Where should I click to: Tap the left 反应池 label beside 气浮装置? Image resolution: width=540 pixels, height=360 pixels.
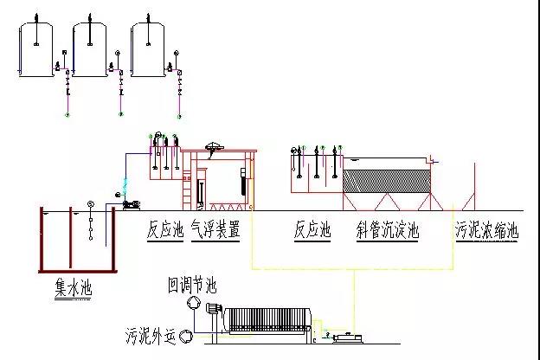[165, 231]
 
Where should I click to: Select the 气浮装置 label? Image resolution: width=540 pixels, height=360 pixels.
[215, 231]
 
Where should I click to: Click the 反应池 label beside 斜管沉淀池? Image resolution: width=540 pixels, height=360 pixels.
[312, 231]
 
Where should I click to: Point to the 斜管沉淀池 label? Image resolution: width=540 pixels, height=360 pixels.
[388, 231]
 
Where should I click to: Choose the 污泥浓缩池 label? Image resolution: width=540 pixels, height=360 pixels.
[487, 231]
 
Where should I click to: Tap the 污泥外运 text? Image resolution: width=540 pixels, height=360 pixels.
[151, 334]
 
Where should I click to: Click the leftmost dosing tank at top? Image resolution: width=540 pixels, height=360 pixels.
[35, 50]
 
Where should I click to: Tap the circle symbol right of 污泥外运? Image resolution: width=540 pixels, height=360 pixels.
[184, 334]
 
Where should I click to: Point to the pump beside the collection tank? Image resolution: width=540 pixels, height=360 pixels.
[132, 204]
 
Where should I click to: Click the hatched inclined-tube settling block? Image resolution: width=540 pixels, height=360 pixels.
[387, 179]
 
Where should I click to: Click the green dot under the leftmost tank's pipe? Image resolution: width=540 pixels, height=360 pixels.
[67, 113]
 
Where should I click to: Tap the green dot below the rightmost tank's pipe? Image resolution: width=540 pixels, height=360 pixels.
[179, 113]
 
